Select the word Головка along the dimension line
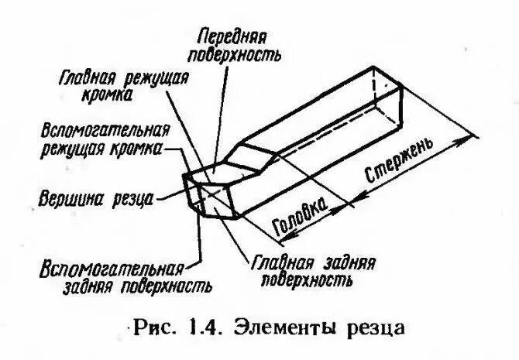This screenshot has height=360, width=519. [299, 218]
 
